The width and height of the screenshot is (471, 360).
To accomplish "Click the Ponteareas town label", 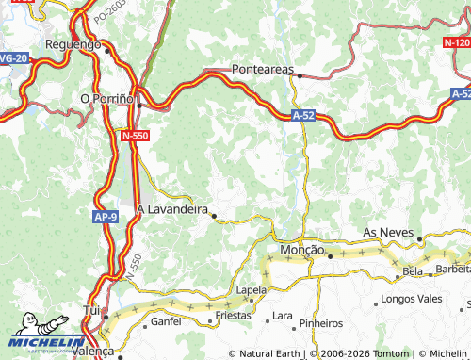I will [x=263, y=70].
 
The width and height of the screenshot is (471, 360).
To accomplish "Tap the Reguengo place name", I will [x=73, y=44].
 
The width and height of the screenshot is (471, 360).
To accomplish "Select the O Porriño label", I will [x=109, y=97].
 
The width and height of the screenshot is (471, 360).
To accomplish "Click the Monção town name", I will [x=302, y=251].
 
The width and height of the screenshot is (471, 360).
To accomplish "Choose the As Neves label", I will [x=389, y=232].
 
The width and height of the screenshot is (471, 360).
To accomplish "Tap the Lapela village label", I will [x=252, y=290].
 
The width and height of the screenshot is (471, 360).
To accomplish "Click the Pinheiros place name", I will [x=320, y=323].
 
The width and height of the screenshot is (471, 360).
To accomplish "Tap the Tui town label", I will [x=91, y=309].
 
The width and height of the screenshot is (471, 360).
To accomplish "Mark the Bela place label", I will [x=413, y=271].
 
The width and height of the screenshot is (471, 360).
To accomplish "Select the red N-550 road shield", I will [x=136, y=137].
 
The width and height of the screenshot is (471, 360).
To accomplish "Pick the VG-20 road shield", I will [x=11, y=58].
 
